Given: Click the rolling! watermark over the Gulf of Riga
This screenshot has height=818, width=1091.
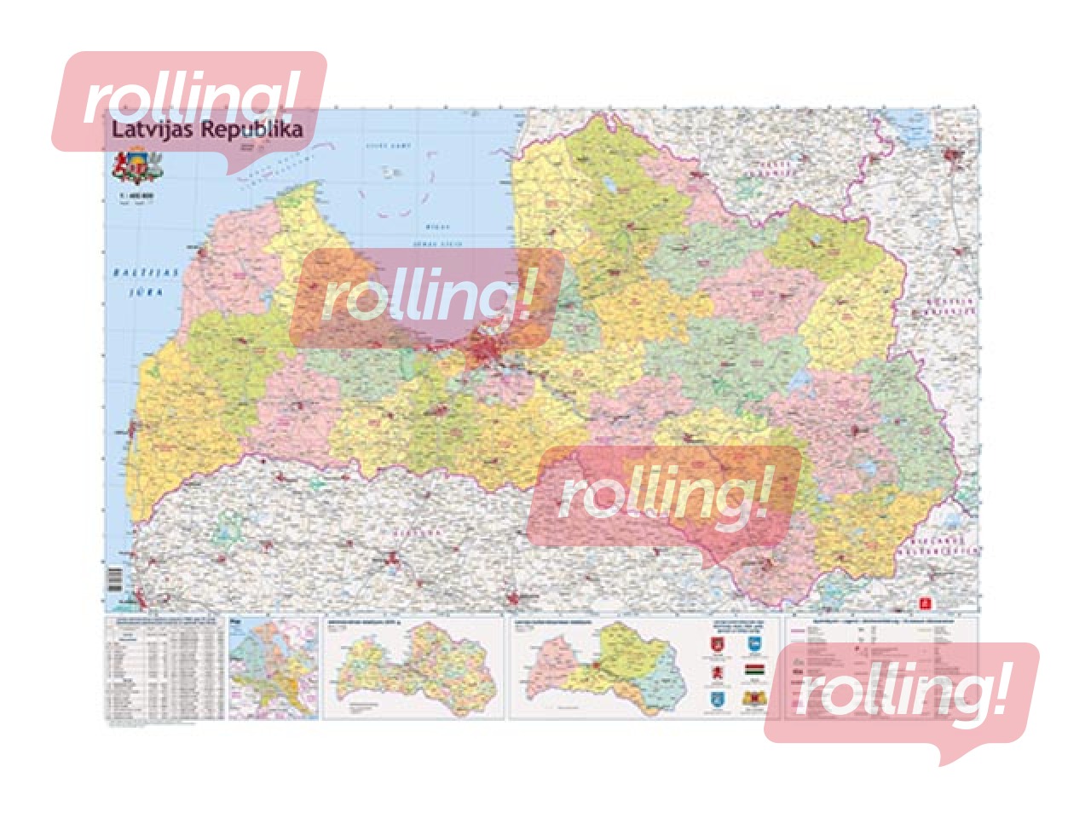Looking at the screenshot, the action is coord(426,298).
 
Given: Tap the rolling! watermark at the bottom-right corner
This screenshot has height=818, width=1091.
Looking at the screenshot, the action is coord(901,694).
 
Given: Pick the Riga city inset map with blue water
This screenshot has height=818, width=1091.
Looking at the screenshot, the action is coord(273,668).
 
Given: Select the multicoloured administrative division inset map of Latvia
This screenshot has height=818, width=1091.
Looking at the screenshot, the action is coord(413,670).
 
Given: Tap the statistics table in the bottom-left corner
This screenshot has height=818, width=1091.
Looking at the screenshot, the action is coord(163,670).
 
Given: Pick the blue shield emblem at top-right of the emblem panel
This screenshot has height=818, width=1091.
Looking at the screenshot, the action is coord(753,645).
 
